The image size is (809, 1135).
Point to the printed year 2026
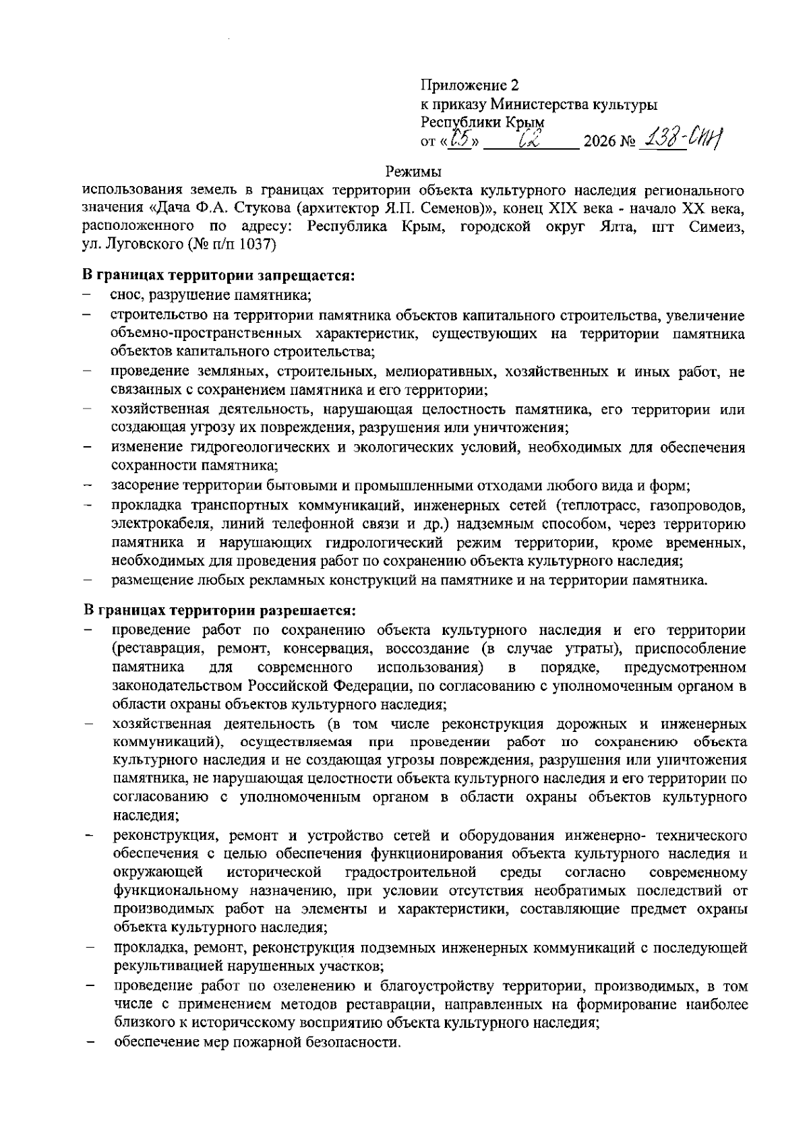[x=601, y=142]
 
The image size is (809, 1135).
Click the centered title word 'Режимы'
[x=412, y=171]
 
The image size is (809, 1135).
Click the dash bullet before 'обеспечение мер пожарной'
[x=88, y=1043]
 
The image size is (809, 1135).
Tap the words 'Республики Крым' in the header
[x=482, y=123]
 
